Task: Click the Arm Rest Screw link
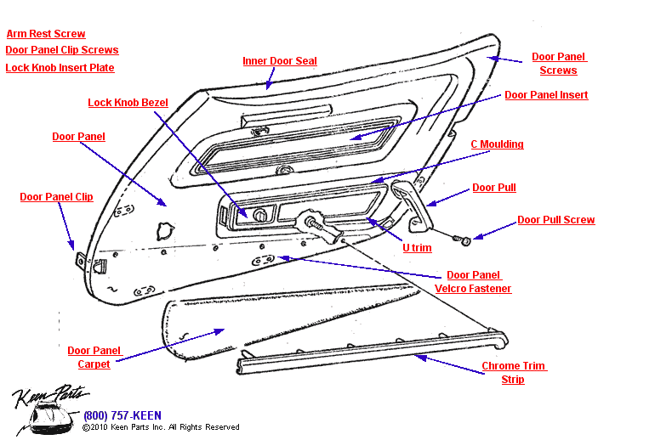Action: pos(46,34)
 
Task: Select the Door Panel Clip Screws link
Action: pos(62,50)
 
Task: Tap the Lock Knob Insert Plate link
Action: pos(60,68)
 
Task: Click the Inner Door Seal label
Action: pos(280,61)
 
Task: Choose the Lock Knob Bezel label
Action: pos(128,103)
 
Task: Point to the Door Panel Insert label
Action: pos(546,95)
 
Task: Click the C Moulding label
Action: pos(497,144)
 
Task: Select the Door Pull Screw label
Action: pos(556,220)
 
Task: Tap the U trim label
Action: pos(417,248)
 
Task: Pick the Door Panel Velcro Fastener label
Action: pos(473,282)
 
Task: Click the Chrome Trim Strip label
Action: pos(513,373)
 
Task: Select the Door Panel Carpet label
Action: pos(94,357)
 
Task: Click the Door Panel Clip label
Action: pos(56,197)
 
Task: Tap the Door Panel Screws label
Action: pos(559,64)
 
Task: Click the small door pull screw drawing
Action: pos(464,240)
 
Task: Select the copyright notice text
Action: pos(161,427)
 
